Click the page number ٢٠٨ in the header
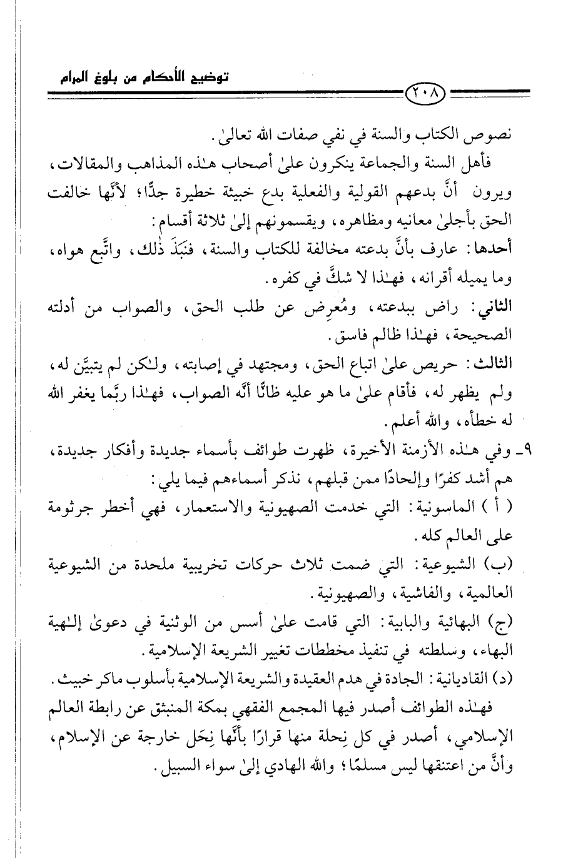click(x=426, y=96)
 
